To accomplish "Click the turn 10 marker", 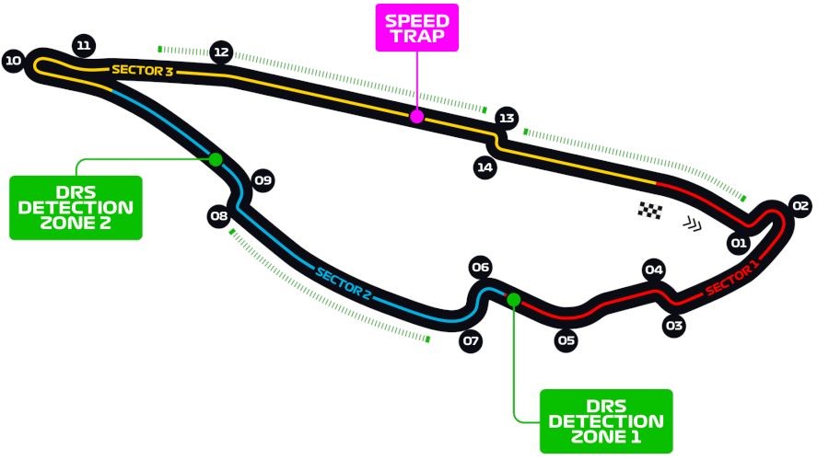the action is click(13, 61).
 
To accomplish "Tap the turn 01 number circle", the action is click(739, 243).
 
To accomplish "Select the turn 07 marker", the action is click(471, 340).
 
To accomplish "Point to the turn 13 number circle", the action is click(507, 118).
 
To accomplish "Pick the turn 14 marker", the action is click(485, 167).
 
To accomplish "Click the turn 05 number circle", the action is click(566, 340).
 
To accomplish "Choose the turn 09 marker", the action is click(263, 180).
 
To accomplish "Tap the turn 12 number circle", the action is click(221, 52).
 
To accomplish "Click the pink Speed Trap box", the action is click(417, 28).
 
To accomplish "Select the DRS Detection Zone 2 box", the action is click(76, 208).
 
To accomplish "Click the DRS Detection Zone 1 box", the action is click(606, 421).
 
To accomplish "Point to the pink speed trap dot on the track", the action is click(416, 116).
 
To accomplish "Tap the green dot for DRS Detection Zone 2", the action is click(216, 159).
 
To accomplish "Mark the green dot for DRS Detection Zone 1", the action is click(513, 299).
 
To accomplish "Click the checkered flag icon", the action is click(649, 210).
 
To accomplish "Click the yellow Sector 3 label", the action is click(142, 70).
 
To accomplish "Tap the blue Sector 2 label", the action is click(344, 283).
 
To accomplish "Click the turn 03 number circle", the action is click(674, 326).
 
